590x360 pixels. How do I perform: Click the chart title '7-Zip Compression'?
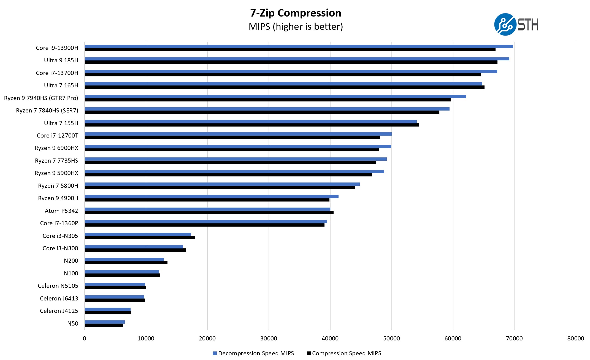click(x=296, y=13)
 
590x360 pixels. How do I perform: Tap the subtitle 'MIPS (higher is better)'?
click(x=296, y=27)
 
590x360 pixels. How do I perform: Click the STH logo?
click(x=516, y=25)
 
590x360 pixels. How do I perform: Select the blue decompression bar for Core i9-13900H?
click(x=299, y=46)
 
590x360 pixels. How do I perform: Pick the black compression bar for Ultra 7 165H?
click(x=284, y=87)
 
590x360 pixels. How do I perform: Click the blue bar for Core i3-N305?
click(x=138, y=234)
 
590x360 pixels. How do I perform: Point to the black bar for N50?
click(x=104, y=325)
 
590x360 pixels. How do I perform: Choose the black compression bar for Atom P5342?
click(x=209, y=213)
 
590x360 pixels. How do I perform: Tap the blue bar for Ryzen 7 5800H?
click(x=222, y=184)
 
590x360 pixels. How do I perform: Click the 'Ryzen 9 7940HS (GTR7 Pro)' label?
click(x=41, y=98)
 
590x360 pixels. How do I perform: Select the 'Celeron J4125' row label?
click(x=59, y=311)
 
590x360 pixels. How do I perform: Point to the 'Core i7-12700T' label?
click(x=57, y=136)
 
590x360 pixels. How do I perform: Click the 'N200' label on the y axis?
click(x=71, y=261)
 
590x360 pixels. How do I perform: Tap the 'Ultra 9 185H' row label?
click(x=61, y=60)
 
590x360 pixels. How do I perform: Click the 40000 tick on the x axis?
click(x=330, y=338)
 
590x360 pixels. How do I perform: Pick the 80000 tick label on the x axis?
click(x=575, y=338)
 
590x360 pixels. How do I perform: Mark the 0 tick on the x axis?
click(x=85, y=338)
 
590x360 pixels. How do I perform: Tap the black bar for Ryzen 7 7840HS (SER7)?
click(x=262, y=112)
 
